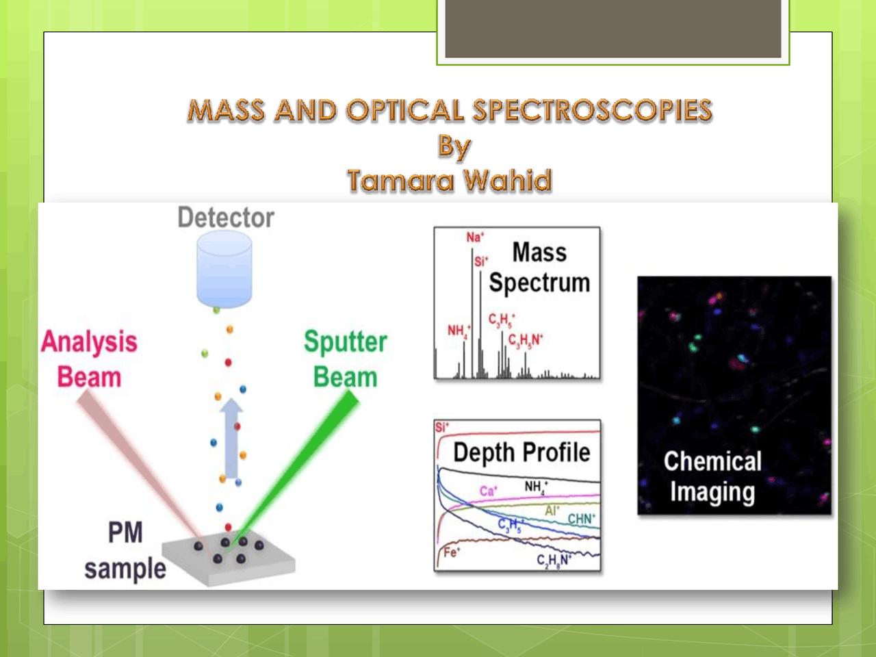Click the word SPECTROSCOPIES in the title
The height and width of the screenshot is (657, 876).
click(x=592, y=111)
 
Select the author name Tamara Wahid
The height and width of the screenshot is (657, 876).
click(x=449, y=181)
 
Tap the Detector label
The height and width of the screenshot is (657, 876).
click(x=226, y=218)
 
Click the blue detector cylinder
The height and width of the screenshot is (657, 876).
click(x=224, y=269)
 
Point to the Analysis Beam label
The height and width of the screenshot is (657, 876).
click(x=89, y=359)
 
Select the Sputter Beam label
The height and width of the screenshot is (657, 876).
click(x=346, y=359)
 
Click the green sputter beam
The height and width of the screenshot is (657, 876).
click(x=301, y=465)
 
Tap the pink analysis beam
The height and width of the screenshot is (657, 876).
click(x=137, y=465)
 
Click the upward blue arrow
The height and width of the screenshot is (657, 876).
click(x=231, y=438)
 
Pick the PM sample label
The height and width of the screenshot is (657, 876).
click(x=125, y=551)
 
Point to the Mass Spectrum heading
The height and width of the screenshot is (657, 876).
click(x=539, y=268)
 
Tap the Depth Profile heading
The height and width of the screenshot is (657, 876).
click(x=521, y=452)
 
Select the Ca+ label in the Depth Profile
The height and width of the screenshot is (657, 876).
click(x=488, y=491)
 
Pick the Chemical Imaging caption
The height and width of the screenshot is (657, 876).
click(x=712, y=476)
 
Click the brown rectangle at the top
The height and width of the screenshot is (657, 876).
click(x=613, y=29)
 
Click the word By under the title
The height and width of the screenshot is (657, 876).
click(x=454, y=146)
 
